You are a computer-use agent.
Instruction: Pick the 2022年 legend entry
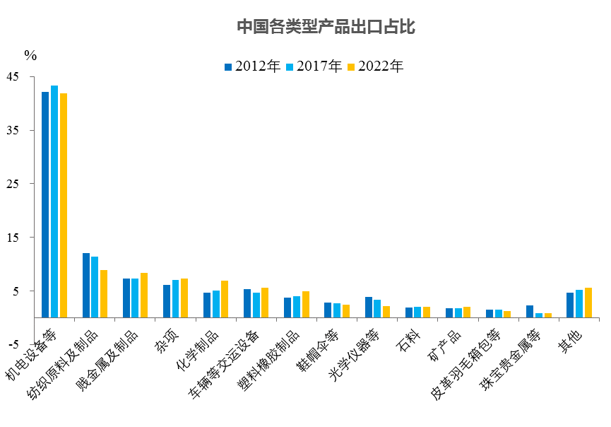point(376,66)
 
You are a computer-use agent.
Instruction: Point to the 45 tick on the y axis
point(14,76)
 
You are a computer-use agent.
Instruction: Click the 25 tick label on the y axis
point(14,184)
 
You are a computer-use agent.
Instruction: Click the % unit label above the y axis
point(30,54)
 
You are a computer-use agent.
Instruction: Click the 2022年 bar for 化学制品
point(225,299)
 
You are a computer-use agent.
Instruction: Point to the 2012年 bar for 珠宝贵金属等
point(530,311)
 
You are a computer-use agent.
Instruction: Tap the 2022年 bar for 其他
point(588,303)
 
